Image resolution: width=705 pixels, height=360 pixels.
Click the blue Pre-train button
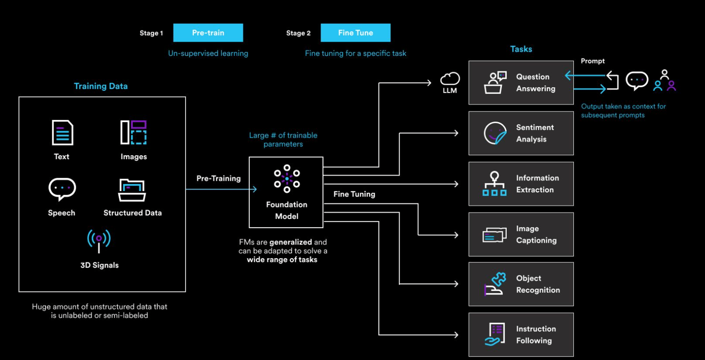tap(208, 33)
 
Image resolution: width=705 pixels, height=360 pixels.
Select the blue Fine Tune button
tap(355, 33)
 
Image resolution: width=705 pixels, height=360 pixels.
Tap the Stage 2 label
tap(298, 33)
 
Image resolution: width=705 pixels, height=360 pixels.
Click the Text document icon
tap(62, 133)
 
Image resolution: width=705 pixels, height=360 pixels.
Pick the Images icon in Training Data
tap(134, 132)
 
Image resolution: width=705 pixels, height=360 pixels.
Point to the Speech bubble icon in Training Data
tap(62, 189)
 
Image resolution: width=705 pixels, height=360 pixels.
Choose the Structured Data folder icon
tap(132, 190)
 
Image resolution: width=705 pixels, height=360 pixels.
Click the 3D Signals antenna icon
tap(99, 240)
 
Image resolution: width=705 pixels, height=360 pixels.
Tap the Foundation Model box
tap(286, 192)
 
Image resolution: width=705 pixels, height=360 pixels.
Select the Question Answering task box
tap(521, 83)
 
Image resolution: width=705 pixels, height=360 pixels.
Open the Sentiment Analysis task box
tap(521, 133)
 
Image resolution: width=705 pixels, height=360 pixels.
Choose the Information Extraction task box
tap(521, 184)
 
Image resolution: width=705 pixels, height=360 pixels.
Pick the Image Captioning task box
tap(521, 234)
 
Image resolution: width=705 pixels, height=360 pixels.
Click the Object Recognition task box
tap(521, 284)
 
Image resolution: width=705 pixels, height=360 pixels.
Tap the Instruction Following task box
tap(521, 335)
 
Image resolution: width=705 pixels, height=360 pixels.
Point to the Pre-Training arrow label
tap(218, 178)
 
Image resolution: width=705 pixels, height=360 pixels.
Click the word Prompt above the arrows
tap(592, 61)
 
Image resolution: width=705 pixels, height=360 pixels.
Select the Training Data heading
tap(101, 86)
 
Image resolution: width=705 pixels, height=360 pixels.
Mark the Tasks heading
tap(521, 49)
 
